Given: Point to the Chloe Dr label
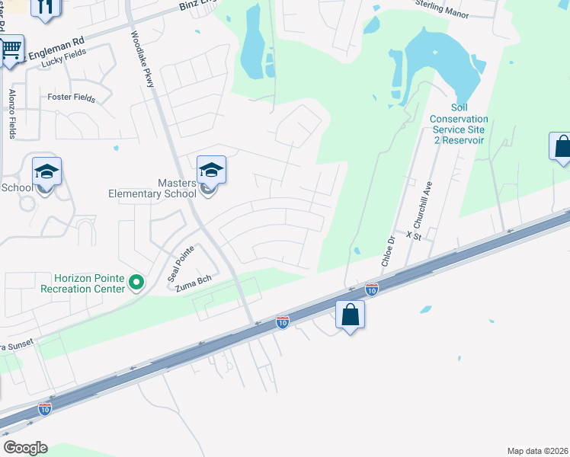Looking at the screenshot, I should (388, 251).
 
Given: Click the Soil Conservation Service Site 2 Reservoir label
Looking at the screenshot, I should (458, 125).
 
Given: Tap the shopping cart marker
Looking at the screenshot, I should (10, 50).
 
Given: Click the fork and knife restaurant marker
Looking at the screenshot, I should (46, 7).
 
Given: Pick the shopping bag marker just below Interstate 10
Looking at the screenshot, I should (350, 314).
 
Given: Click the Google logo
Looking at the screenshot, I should (25, 448).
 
